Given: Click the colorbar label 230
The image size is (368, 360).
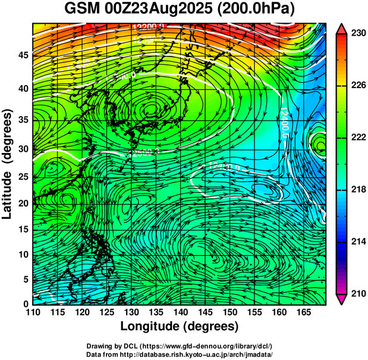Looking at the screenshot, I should (x=358, y=34).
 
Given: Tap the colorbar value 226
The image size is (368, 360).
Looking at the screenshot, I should (x=358, y=86).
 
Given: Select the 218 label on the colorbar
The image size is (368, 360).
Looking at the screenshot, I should (x=358, y=189).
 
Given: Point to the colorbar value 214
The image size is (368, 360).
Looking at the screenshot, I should (x=358, y=241).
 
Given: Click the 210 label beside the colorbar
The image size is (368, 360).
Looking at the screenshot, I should (x=358, y=293).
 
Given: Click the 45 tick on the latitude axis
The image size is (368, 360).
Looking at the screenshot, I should (x=22, y=55).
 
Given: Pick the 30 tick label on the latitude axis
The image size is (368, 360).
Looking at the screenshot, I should (x=22, y=149).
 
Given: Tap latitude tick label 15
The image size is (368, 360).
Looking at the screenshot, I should (x=22, y=229).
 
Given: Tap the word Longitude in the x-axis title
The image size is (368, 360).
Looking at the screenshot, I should (x=151, y=326).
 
